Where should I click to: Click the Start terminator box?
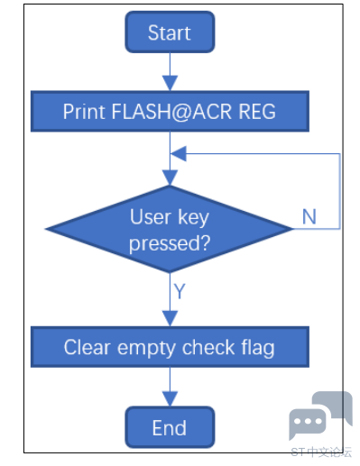pos(170,32)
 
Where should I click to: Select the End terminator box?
pos(170,427)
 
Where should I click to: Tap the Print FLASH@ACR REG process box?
pos(170,111)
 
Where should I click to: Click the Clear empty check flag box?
pos(170,347)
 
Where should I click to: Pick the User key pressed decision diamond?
pos(170,229)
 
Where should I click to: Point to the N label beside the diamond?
pos(309,216)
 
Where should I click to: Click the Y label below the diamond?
pos(180,291)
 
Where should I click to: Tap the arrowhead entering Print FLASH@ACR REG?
pos(170,83)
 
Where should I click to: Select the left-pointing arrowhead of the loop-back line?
pos(179,154)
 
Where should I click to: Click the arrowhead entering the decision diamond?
pos(170,178)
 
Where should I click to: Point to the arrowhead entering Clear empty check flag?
pos(170,319)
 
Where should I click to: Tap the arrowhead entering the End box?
pos(170,398)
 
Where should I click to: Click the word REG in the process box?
pos(257,112)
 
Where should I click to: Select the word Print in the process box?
pos(84,112)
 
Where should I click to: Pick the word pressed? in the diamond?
pos(170,243)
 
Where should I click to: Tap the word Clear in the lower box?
pos(88,347)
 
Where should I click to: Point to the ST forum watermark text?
pos(321,452)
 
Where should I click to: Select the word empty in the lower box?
pos(146,349)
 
